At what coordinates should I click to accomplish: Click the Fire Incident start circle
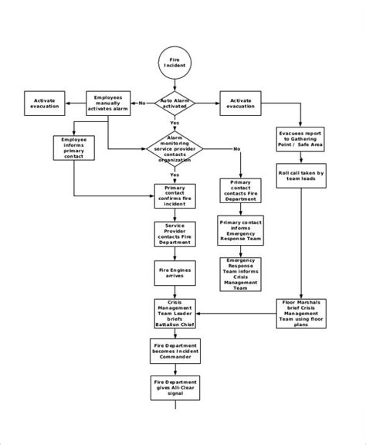[x=174, y=63]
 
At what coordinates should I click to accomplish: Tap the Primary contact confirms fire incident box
[x=174, y=195]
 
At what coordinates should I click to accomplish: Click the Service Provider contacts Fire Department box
[x=174, y=233]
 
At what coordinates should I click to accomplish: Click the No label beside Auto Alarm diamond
[x=143, y=102]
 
